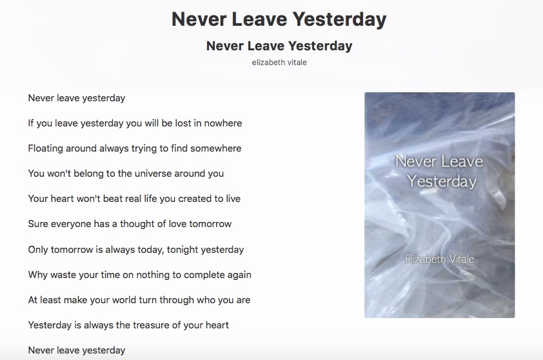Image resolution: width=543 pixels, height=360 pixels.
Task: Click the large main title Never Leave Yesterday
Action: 279,19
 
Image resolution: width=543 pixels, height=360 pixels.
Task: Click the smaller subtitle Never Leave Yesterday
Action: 279,46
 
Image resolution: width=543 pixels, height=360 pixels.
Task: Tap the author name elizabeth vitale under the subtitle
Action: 279,63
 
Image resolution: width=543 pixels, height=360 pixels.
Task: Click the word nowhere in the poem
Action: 223,123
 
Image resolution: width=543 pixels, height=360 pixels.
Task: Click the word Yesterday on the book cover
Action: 442,181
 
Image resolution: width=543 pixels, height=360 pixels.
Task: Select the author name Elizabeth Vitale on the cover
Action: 439,259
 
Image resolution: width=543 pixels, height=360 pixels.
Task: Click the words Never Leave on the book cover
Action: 439,161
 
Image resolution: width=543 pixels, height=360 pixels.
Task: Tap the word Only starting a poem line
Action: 38,250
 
